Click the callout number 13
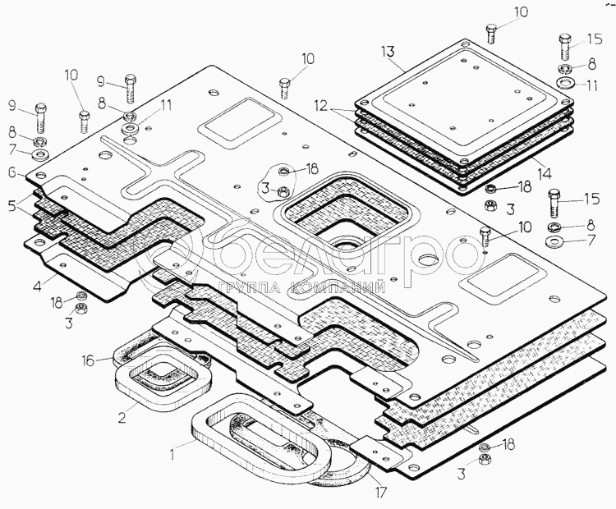point(390,51)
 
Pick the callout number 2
point(122,416)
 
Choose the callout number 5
point(13,207)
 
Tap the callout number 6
point(12,172)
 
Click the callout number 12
point(320,107)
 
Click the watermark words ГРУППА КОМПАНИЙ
point(303,288)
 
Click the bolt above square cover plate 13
point(491,34)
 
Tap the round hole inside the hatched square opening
point(343,244)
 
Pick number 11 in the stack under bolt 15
point(592,85)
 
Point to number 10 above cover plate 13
point(522,12)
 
